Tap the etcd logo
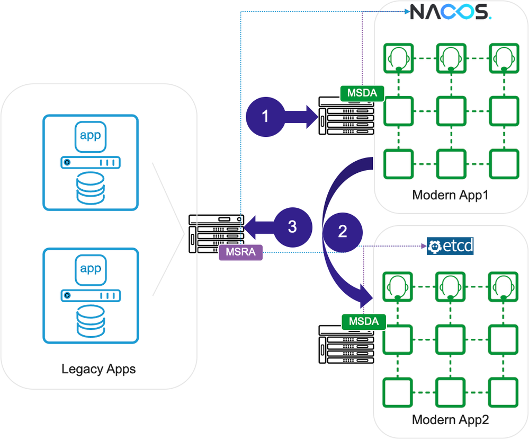tap(450, 247)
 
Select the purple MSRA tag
tap(240, 252)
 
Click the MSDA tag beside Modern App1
tap(362, 93)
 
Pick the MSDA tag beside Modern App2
tap(363, 321)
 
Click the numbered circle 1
tap(265, 116)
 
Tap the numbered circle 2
tap(342, 231)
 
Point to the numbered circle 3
tap(292, 226)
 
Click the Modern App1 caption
tap(450, 195)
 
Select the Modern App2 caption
tap(450, 420)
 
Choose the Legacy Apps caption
tap(98, 368)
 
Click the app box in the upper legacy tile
tap(90, 135)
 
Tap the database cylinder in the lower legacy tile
tap(90, 320)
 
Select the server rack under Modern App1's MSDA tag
tap(346, 116)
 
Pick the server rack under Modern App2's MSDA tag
tap(346, 345)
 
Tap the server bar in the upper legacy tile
tap(90, 162)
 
